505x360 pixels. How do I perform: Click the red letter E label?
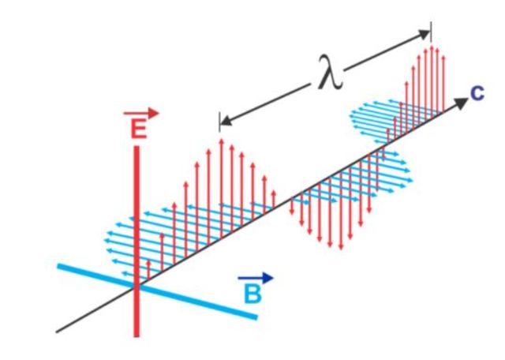(x=138, y=130)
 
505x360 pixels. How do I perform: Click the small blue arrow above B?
(x=256, y=278)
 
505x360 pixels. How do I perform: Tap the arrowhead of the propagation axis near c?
(x=461, y=103)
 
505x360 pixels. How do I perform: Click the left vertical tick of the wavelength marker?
(x=219, y=121)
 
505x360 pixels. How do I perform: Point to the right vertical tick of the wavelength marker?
(x=430, y=32)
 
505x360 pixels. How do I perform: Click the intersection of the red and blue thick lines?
(x=137, y=286)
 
